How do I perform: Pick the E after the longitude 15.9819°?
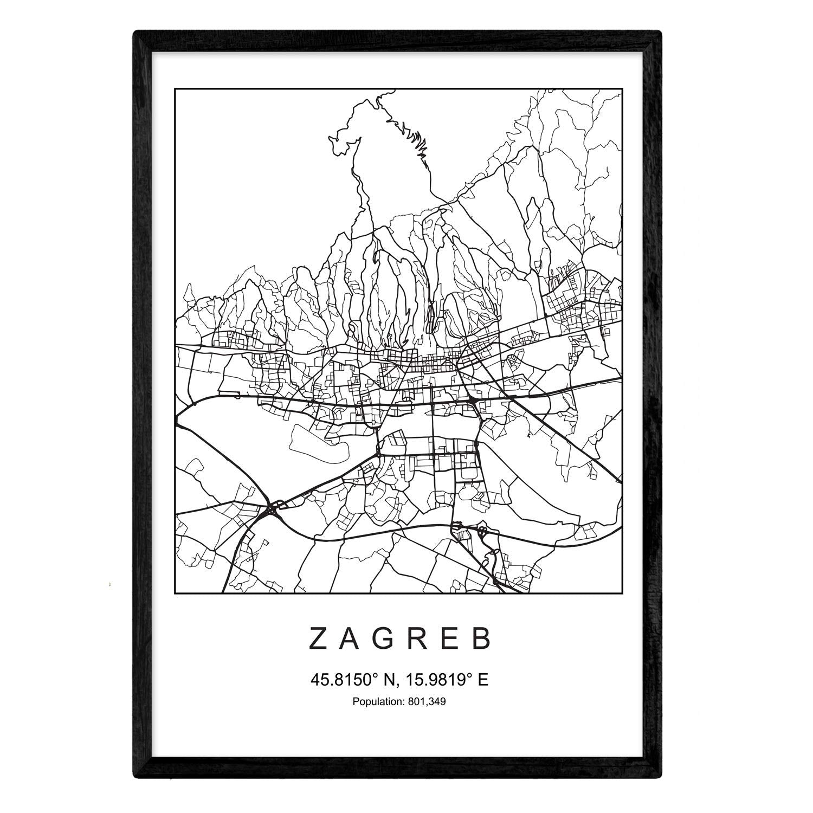point(483,679)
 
